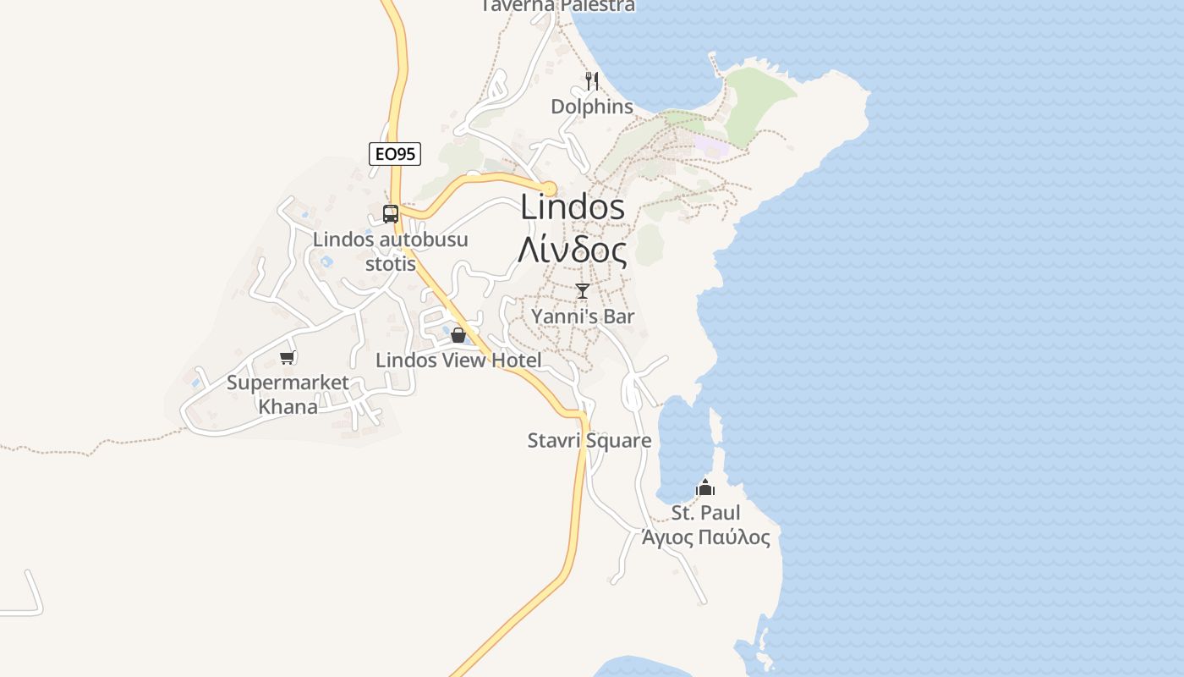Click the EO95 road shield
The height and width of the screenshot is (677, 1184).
click(x=395, y=154)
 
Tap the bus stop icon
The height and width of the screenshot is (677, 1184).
click(x=391, y=214)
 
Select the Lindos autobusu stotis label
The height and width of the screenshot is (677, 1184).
click(x=391, y=251)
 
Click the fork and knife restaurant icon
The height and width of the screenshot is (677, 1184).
click(x=592, y=81)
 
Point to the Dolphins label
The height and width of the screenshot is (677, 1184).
click(x=592, y=107)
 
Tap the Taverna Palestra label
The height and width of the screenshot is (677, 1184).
click(x=558, y=6)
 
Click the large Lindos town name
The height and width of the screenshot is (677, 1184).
click(x=573, y=207)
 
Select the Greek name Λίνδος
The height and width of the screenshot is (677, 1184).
click(x=573, y=251)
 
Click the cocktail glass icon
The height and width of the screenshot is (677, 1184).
click(x=582, y=291)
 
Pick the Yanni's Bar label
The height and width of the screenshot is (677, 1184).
click(x=583, y=316)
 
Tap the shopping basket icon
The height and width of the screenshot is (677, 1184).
click(x=458, y=335)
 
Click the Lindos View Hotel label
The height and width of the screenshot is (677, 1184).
click(x=458, y=361)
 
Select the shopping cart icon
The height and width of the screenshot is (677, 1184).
click(x=287, y=357)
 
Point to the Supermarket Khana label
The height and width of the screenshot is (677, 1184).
click(x=288, y=394)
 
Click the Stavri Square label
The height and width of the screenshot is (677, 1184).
click(x=589, y=441)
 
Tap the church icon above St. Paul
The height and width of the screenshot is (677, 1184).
click(x=704, y=487)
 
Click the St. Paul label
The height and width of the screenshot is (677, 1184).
click(x=705, y=513)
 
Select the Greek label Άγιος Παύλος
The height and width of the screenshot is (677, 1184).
click(x=705, y=538)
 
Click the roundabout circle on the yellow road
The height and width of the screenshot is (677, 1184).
click(x=549, y=188)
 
